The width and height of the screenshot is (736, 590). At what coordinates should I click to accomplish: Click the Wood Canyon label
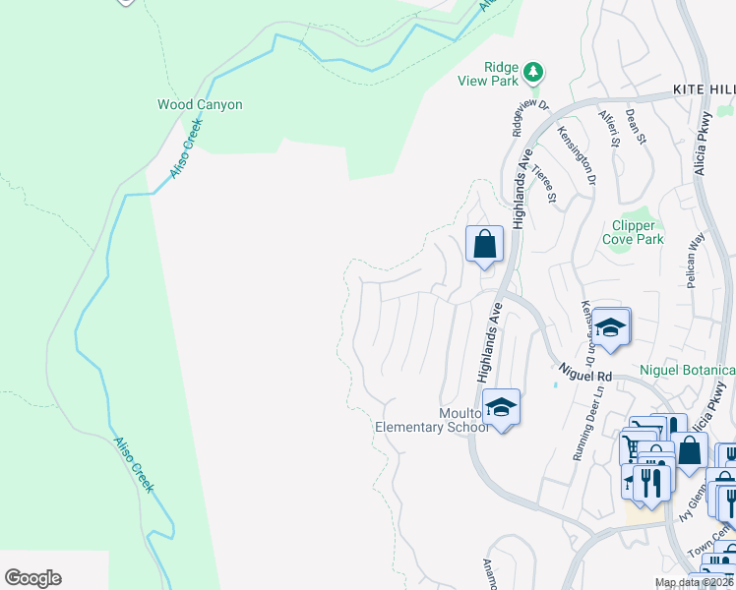coord(200,104)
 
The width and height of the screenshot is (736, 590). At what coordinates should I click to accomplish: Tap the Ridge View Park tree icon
coord(532,72)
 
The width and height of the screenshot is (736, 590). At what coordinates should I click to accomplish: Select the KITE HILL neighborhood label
coord(703,89)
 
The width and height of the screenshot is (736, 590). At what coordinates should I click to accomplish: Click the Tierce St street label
coord(543,184)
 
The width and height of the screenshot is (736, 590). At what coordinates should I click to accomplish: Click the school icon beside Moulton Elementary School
coord(501,407)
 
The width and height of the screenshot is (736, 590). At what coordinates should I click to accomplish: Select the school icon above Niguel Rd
coord(610,329)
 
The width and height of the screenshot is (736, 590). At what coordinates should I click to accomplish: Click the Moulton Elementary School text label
coord(433,420)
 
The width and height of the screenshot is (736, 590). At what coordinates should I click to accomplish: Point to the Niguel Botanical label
coord(688,370)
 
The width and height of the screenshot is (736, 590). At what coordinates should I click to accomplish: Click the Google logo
coord(32,578)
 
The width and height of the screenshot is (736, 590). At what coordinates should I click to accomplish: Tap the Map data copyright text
coord(694,583)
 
